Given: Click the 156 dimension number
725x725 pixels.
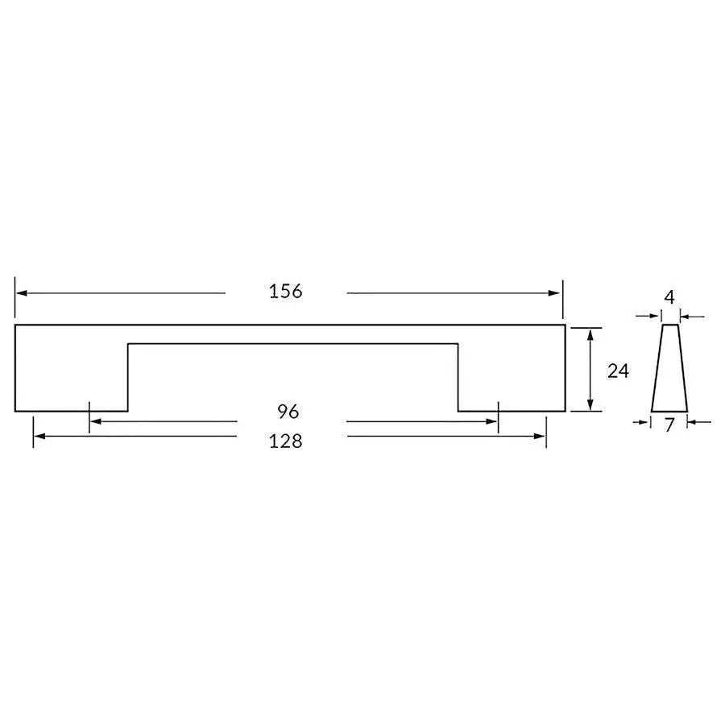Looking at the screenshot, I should pyautogui.click(x=286, y=292).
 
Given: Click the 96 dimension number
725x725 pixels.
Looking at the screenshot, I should pyautogui.click(x=288, y=412).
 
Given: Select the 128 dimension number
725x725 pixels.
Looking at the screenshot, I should pyautogui.click(x=286, y=441).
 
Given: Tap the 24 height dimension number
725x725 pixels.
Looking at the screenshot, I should pyautogui.click(x=618, y=371).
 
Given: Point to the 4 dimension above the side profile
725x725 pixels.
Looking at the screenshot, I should pyautogui.click(x=669, y=297).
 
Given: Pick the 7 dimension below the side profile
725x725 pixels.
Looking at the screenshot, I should pyautogui.click(x=669, y=426).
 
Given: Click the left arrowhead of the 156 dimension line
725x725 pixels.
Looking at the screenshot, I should pyautogui.click(x=21, y=293).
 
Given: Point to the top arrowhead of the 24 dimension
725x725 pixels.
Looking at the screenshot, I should pyautogui.click(x=592, y=333).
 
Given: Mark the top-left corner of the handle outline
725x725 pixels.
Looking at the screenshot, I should pyautogui.click(x=15, y=325).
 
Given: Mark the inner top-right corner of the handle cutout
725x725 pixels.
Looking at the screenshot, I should pyautogui.click(x=458, y=344).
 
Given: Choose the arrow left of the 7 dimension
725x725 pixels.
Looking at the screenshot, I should pyautogui.click(x=645, y=420).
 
